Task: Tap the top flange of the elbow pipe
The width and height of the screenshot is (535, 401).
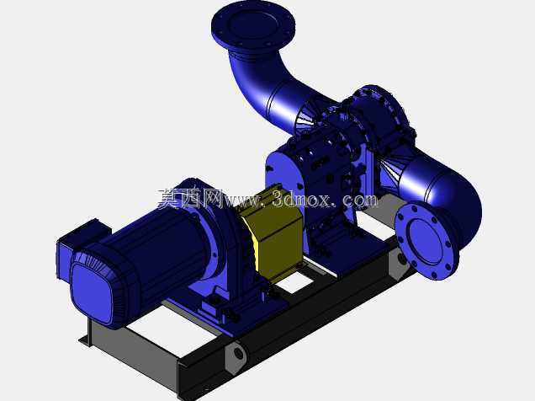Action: click(x=253, y=25)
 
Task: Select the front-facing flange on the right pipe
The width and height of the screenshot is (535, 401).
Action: click(x=426, y=240)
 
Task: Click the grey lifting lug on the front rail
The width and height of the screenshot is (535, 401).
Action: click(x=236, y=356)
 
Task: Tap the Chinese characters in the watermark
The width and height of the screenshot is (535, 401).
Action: click(x=190, y=198)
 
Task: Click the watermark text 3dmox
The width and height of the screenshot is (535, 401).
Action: click(x=301, y=199)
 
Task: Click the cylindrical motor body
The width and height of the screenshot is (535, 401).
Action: click(x=161, y=246)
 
